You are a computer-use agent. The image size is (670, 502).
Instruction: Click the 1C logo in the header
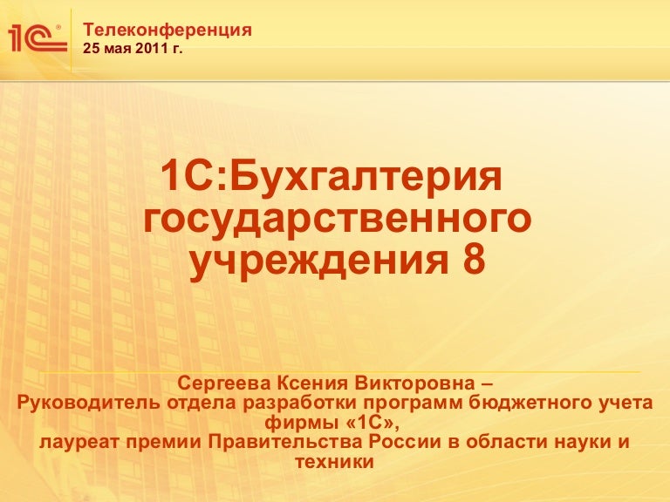point(38,38)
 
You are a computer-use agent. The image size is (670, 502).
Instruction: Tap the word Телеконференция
point(167,31)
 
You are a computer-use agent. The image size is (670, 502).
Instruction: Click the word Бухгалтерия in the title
point(366,175)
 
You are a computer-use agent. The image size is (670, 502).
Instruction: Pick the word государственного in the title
point(337,218)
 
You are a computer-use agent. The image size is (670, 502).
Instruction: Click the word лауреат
point(79,442)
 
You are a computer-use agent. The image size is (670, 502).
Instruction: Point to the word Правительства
point(285,441)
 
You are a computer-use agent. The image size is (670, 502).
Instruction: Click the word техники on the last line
point(335,462)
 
